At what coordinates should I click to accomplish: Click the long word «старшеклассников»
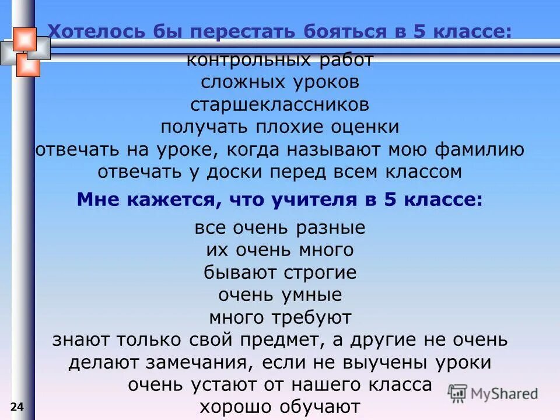coord(279,105)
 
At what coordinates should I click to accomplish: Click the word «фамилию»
coord(481,149)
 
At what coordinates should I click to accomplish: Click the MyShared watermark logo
coord(494,393)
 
